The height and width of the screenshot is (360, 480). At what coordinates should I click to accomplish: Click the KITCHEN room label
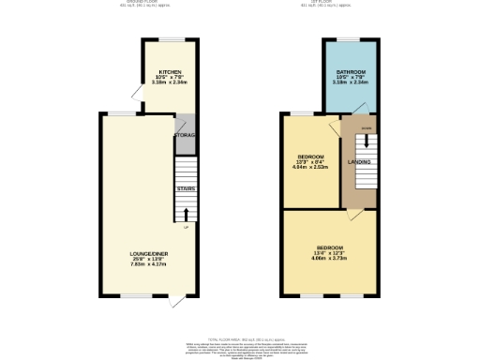click(170, 69)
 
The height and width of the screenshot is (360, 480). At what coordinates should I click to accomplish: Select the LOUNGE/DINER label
click(148, 252)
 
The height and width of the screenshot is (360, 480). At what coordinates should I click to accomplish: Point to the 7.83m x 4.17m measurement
click(148, 264)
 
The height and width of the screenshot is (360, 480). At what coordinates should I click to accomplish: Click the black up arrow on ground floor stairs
click(185, 215)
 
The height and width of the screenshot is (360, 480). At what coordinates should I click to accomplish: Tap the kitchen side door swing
click(137, 94)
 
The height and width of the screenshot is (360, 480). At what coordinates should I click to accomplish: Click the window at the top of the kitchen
click(171, 39)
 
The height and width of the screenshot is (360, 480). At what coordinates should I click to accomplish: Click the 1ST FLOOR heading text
click(338, 4)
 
